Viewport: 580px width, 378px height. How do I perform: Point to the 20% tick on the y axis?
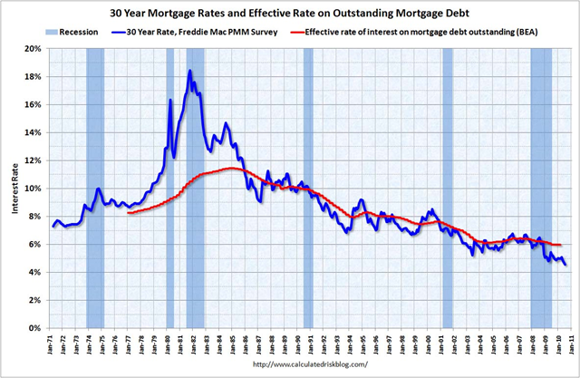34,49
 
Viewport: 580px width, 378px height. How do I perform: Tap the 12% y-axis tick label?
34,160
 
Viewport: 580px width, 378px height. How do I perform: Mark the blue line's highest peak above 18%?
189,71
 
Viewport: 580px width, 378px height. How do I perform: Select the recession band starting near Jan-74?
95,181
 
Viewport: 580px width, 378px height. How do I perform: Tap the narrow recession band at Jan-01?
447,181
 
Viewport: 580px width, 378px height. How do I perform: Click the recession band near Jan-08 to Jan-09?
541,181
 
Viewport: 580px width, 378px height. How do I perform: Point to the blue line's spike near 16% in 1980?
170,100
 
